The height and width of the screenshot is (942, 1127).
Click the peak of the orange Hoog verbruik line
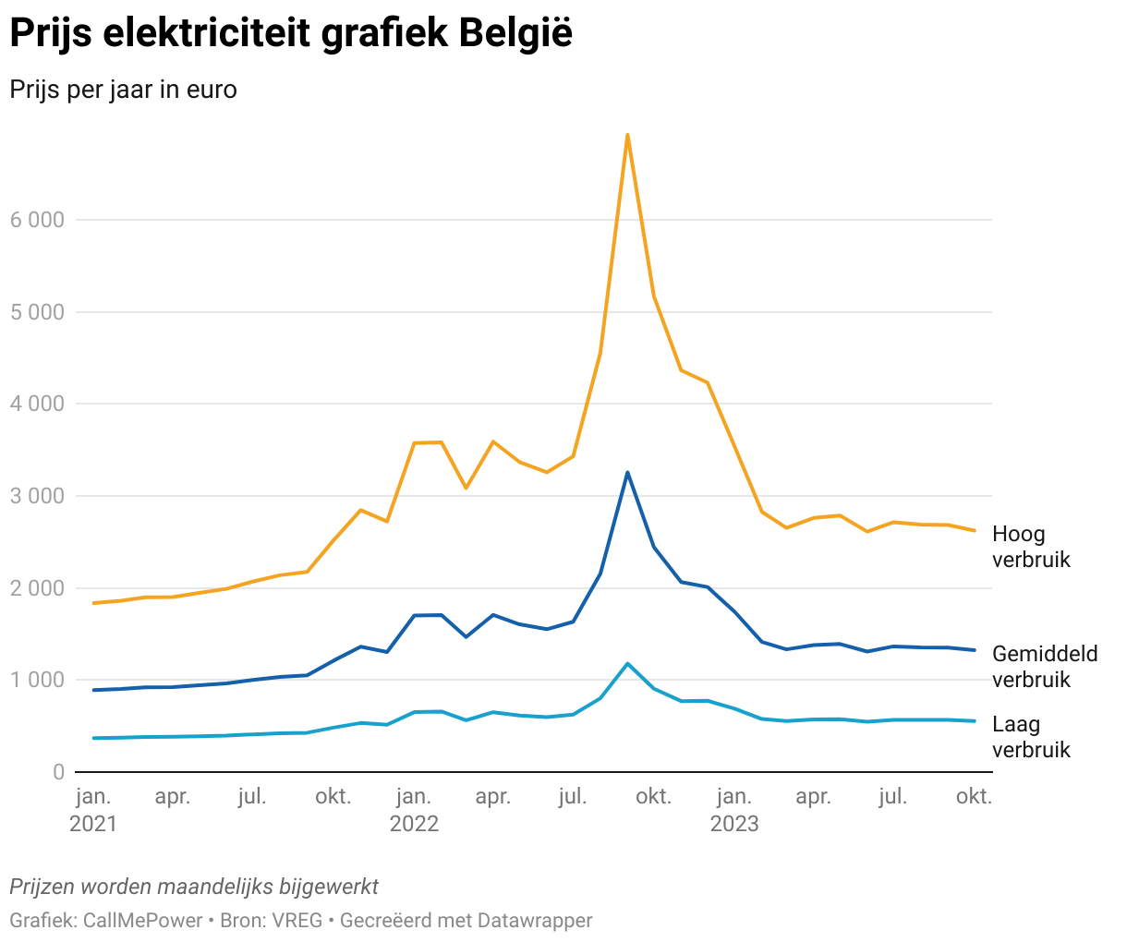[627, 135]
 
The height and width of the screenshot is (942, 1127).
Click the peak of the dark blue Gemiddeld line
[627, 473]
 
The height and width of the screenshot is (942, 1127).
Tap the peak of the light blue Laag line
[627, 663]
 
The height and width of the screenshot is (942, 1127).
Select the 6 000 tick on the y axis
[37, 220]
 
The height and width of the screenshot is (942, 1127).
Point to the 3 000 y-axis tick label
[37, 496]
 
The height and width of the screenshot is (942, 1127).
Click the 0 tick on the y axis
[58, 772]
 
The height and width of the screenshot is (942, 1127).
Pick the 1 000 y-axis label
[37, 680]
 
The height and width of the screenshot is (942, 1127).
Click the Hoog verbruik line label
[1031, 547]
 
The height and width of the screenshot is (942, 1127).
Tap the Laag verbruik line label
[1031, 737]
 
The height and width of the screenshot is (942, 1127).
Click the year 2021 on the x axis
[93, 824]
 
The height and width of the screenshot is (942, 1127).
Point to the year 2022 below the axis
[414, 824]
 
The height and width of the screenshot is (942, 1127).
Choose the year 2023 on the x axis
[734, 824]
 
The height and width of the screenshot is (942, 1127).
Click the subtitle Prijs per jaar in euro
[123, 91]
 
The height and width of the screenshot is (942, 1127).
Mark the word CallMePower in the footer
[142, 921]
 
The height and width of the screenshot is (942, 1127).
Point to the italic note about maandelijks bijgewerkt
[194, 887]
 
